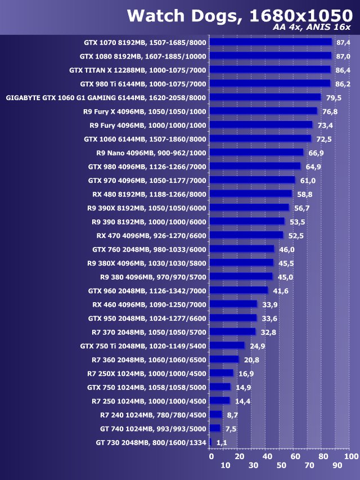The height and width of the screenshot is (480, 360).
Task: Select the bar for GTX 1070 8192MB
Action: click(271, 42)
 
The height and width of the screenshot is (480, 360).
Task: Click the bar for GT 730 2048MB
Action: click(210, 443)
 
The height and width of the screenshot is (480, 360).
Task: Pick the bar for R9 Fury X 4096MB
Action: click(263, 111)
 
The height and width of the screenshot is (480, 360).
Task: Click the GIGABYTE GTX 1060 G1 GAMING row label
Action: click(106, 97)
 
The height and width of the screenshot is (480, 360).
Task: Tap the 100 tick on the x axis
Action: click(350, 456)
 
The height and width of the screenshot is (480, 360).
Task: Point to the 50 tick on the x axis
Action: click(281, 466)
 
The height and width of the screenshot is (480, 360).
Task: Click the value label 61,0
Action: click(307, 180)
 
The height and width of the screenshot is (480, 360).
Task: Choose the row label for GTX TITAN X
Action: click(138, 70)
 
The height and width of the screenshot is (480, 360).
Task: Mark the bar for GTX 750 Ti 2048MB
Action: click(227, 346)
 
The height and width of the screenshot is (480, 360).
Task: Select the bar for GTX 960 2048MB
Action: click(238, 290)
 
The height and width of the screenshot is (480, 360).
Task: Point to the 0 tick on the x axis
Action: click(211, 456)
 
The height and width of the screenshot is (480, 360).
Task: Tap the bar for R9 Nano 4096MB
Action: click(256, 152)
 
